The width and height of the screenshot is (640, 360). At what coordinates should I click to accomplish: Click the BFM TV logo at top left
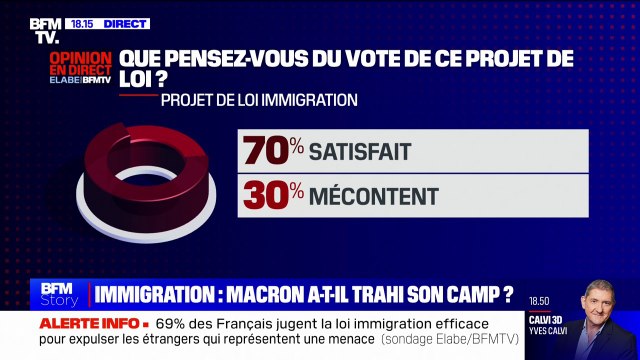[x=44, y=30]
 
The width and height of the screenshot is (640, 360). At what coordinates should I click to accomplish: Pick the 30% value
[x=270, y=196]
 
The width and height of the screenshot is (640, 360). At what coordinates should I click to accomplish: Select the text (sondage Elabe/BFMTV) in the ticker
[x=444, y=342]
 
